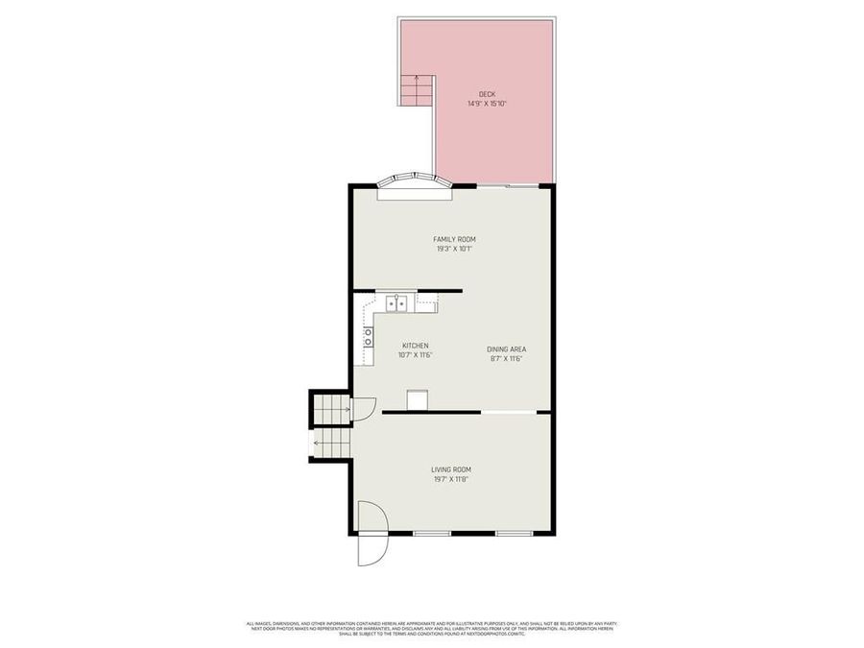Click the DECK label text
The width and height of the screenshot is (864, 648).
(487, 94)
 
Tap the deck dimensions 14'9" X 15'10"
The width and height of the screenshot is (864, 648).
(487, 104)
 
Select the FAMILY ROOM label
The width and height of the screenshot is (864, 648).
(454, 239)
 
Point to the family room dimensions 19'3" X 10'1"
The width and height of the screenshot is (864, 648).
(454, 249)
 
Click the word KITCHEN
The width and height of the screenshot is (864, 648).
(415, 346)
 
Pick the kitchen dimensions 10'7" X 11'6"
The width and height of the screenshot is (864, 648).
(415, 355)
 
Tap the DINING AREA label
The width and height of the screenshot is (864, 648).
(506, 349)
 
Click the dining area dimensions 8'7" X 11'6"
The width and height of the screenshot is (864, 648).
(506, 359)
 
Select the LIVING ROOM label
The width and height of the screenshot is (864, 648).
(450, 469)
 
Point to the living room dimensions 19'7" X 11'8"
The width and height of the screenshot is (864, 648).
(450, 479)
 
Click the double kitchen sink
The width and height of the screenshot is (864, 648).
(398, 305)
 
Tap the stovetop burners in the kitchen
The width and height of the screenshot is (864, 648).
(368, 336)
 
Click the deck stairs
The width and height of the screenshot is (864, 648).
(417, 92)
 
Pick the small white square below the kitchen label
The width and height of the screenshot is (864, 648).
(419, 400)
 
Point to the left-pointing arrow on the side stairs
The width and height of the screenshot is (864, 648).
(318, 444)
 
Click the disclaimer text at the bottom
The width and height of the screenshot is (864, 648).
(431, 629)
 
